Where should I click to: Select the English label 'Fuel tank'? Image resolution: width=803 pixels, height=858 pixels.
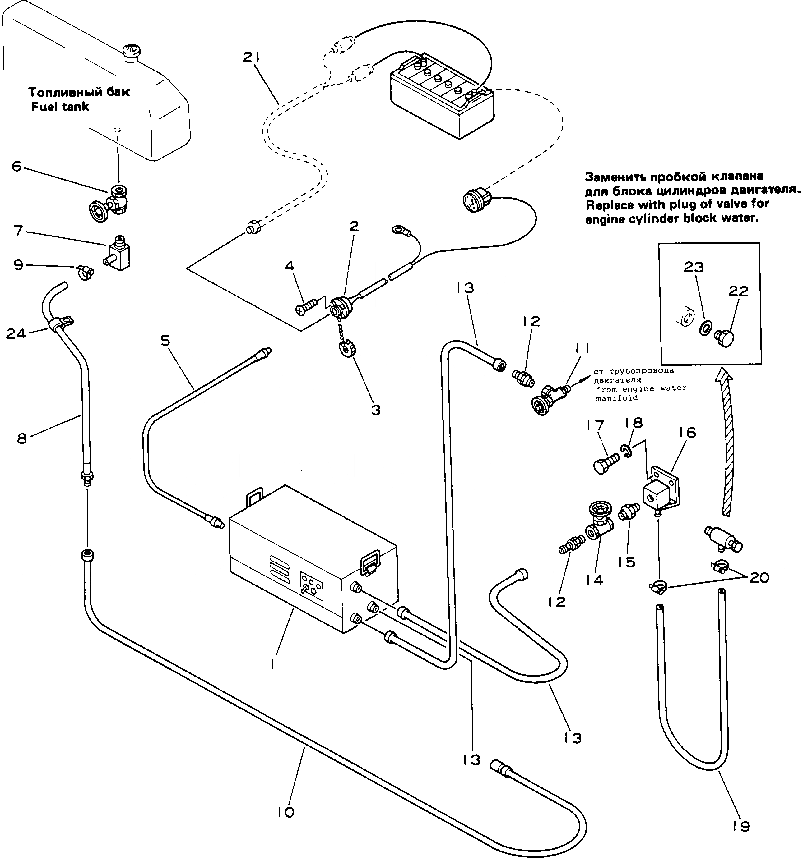[60, 107]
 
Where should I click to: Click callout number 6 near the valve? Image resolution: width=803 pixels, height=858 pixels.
[16, 166]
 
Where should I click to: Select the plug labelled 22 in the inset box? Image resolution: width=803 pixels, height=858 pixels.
[725, 338]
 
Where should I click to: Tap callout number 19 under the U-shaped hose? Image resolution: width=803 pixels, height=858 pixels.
[741, 826]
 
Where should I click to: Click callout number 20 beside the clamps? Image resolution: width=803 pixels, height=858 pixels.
[759, 577]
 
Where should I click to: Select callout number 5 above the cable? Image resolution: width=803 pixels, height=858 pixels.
[165, 341]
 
